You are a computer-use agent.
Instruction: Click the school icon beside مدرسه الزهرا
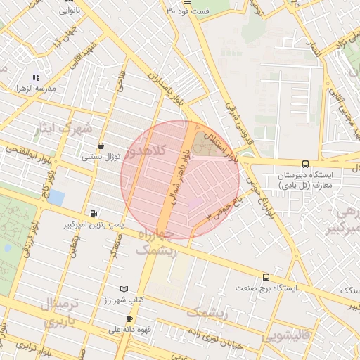pyautogui.click(x=36, y=77)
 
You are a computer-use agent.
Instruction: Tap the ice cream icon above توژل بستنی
pyautogui.click(x=101, y=146)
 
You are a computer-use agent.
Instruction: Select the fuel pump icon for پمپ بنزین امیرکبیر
pyautogui.click(x=94, y=213)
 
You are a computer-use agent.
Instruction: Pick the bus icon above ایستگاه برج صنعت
pyautogui.click(x=266, y=277)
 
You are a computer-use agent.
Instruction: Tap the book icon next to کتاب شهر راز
pyautogui.click(x=124, y=289)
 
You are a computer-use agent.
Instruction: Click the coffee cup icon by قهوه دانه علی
pyautogui.click(x=129, y=319)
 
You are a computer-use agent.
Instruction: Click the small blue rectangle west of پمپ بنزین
pyautogui.click(x=56, y=198)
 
